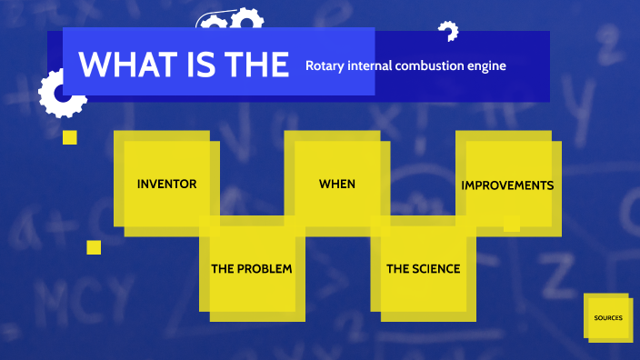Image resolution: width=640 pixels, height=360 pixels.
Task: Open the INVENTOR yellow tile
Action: pyautogui.click(x=166, y=184)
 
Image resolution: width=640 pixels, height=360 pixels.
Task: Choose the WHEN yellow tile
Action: pyautogui.click(x=336, y=184)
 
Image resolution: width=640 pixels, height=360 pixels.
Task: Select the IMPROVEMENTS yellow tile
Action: pyautogui.click(x=506, y=185)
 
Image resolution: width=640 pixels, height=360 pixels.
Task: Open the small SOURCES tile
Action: pyautogui.click(x=608, y=318)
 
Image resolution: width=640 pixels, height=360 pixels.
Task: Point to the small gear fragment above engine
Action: pyautogui.click(x=447, y=32)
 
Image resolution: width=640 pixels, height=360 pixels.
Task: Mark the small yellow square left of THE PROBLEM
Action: pyautogui.click(x=94, y=247)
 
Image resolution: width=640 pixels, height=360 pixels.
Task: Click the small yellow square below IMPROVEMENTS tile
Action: pyautogui.click(x=512, y=224)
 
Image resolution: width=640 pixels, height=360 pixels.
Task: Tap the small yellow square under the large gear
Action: pyautogui.click(x=69, y=137)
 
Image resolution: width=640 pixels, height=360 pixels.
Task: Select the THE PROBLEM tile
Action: pyautogui.click(x=252, y=270)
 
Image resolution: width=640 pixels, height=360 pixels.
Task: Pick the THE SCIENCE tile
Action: pyautogui.click(x=424, y=270)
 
